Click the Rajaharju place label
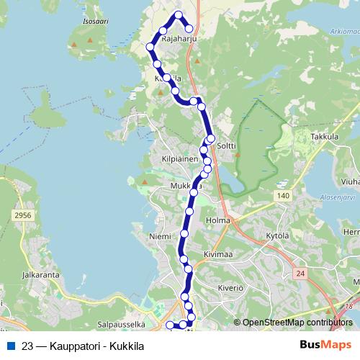(179, 40)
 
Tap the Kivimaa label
(219, 254)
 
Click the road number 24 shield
(300, 273)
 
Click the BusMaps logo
(325, 345)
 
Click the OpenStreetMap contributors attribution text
(297, 323)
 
